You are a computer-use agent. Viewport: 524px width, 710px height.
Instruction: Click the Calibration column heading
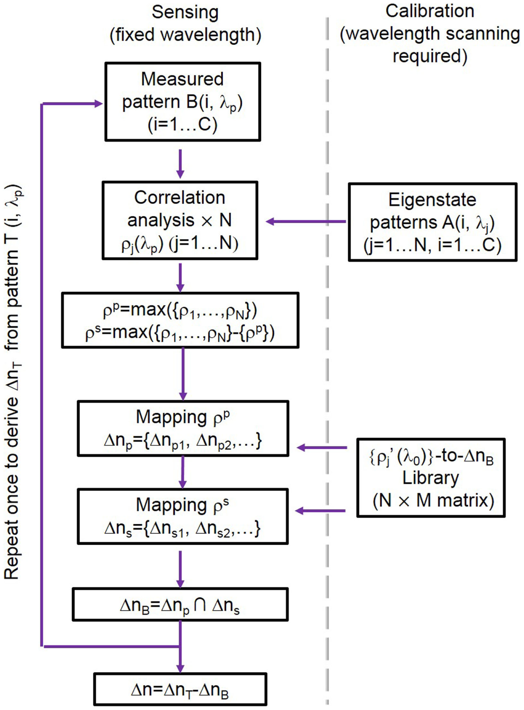tap(430, 33)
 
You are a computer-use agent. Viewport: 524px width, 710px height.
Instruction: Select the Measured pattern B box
tap(183, 102)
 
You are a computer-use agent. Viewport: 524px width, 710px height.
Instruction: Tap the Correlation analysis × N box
tap(180, 220)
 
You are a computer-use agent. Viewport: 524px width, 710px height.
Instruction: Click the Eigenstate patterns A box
tap(432, 222)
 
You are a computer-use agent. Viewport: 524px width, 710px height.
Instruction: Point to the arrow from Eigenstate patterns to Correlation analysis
tap(306, 222)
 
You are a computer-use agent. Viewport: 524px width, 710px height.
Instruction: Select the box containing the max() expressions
tap(180, 320)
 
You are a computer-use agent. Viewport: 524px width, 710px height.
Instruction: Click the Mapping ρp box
tap(183, 429)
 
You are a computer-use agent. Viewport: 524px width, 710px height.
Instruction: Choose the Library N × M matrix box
tap(430, 478)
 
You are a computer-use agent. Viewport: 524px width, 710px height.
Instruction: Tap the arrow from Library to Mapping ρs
tap(320, 511)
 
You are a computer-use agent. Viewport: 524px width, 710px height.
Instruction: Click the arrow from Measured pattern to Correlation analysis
tap(180, 164)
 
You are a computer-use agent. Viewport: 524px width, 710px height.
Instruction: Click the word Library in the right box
tap(430, 478)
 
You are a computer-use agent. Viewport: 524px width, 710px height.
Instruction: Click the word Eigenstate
tap(432, 200)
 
